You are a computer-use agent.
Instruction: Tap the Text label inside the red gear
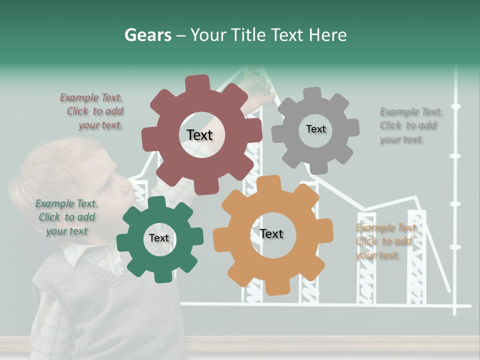[199, 135]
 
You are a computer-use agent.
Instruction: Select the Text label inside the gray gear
[315, 129]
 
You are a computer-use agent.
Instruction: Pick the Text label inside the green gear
[159, 238]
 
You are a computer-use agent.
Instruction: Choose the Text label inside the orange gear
[271, 234]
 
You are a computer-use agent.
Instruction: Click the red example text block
[92, 111]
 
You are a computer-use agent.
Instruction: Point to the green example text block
[66, 217]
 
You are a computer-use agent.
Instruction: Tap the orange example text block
[385, 241]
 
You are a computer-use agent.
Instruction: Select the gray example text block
[408, 125]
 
